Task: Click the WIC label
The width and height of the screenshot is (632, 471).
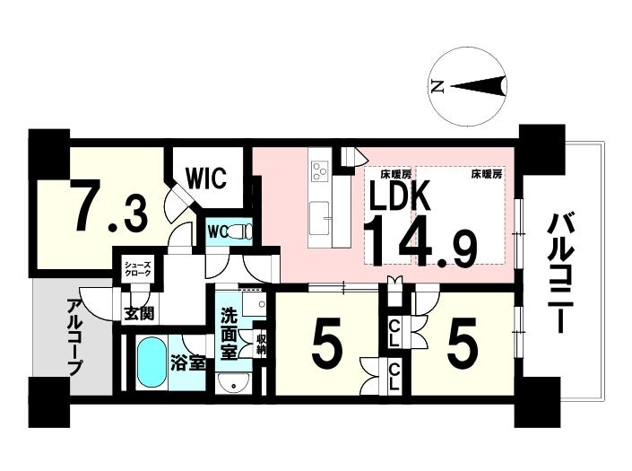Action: (206, 178)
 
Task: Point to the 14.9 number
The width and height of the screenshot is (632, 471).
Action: (420, 241)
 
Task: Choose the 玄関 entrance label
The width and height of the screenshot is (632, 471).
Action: (139, 313)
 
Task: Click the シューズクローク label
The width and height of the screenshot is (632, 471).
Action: (137, 268)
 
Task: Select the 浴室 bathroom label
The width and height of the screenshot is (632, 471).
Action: (188, 363)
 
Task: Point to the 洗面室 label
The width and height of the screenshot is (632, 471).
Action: (228, 334)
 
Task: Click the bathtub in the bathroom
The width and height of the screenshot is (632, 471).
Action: (152, 363)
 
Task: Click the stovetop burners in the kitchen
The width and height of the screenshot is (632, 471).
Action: (321, 170)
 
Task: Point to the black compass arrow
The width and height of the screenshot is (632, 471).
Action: (478, 86)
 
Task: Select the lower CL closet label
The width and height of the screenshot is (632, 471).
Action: (394, 376)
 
